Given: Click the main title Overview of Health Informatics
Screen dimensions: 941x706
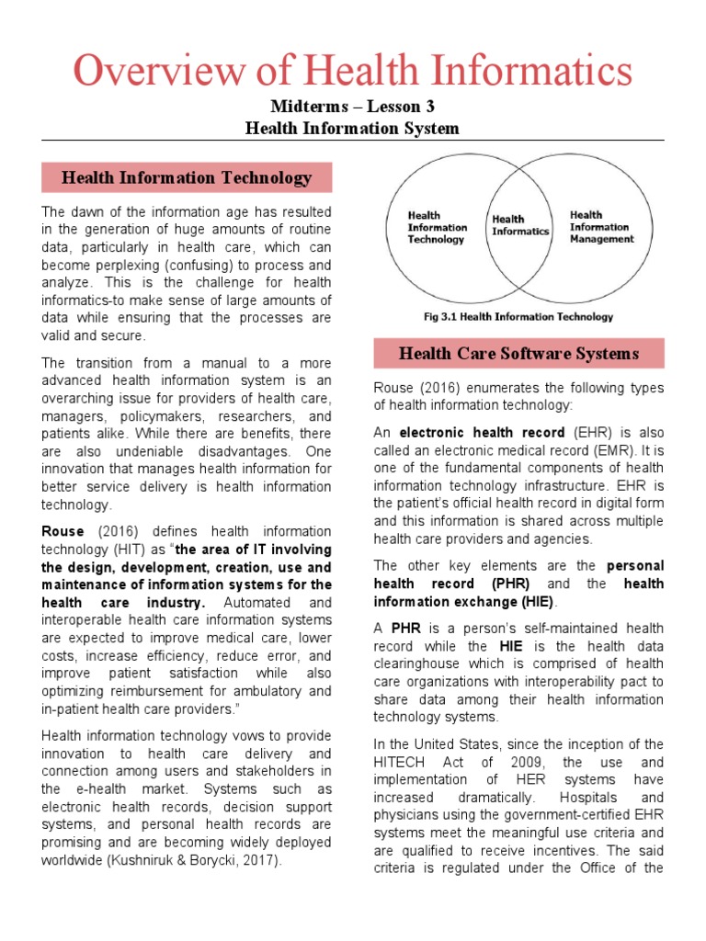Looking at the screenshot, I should pyautogui.click(x=352, y=71).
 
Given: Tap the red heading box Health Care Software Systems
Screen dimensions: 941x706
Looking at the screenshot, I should pyautogui.click(x=518, y=353).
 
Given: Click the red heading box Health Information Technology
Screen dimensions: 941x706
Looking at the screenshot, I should pyautogui.click(x=187, y=177).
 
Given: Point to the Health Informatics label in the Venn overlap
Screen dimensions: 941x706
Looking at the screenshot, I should pyautogui.click(x=520, y=225).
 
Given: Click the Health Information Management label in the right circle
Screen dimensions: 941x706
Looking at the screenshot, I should pyautogui.click(x=601, y=227).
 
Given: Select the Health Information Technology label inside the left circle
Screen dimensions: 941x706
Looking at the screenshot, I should pyautogui.click(x=438, y=227).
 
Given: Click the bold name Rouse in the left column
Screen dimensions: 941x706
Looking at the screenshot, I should pyautogui.click(x=63, y=532).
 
